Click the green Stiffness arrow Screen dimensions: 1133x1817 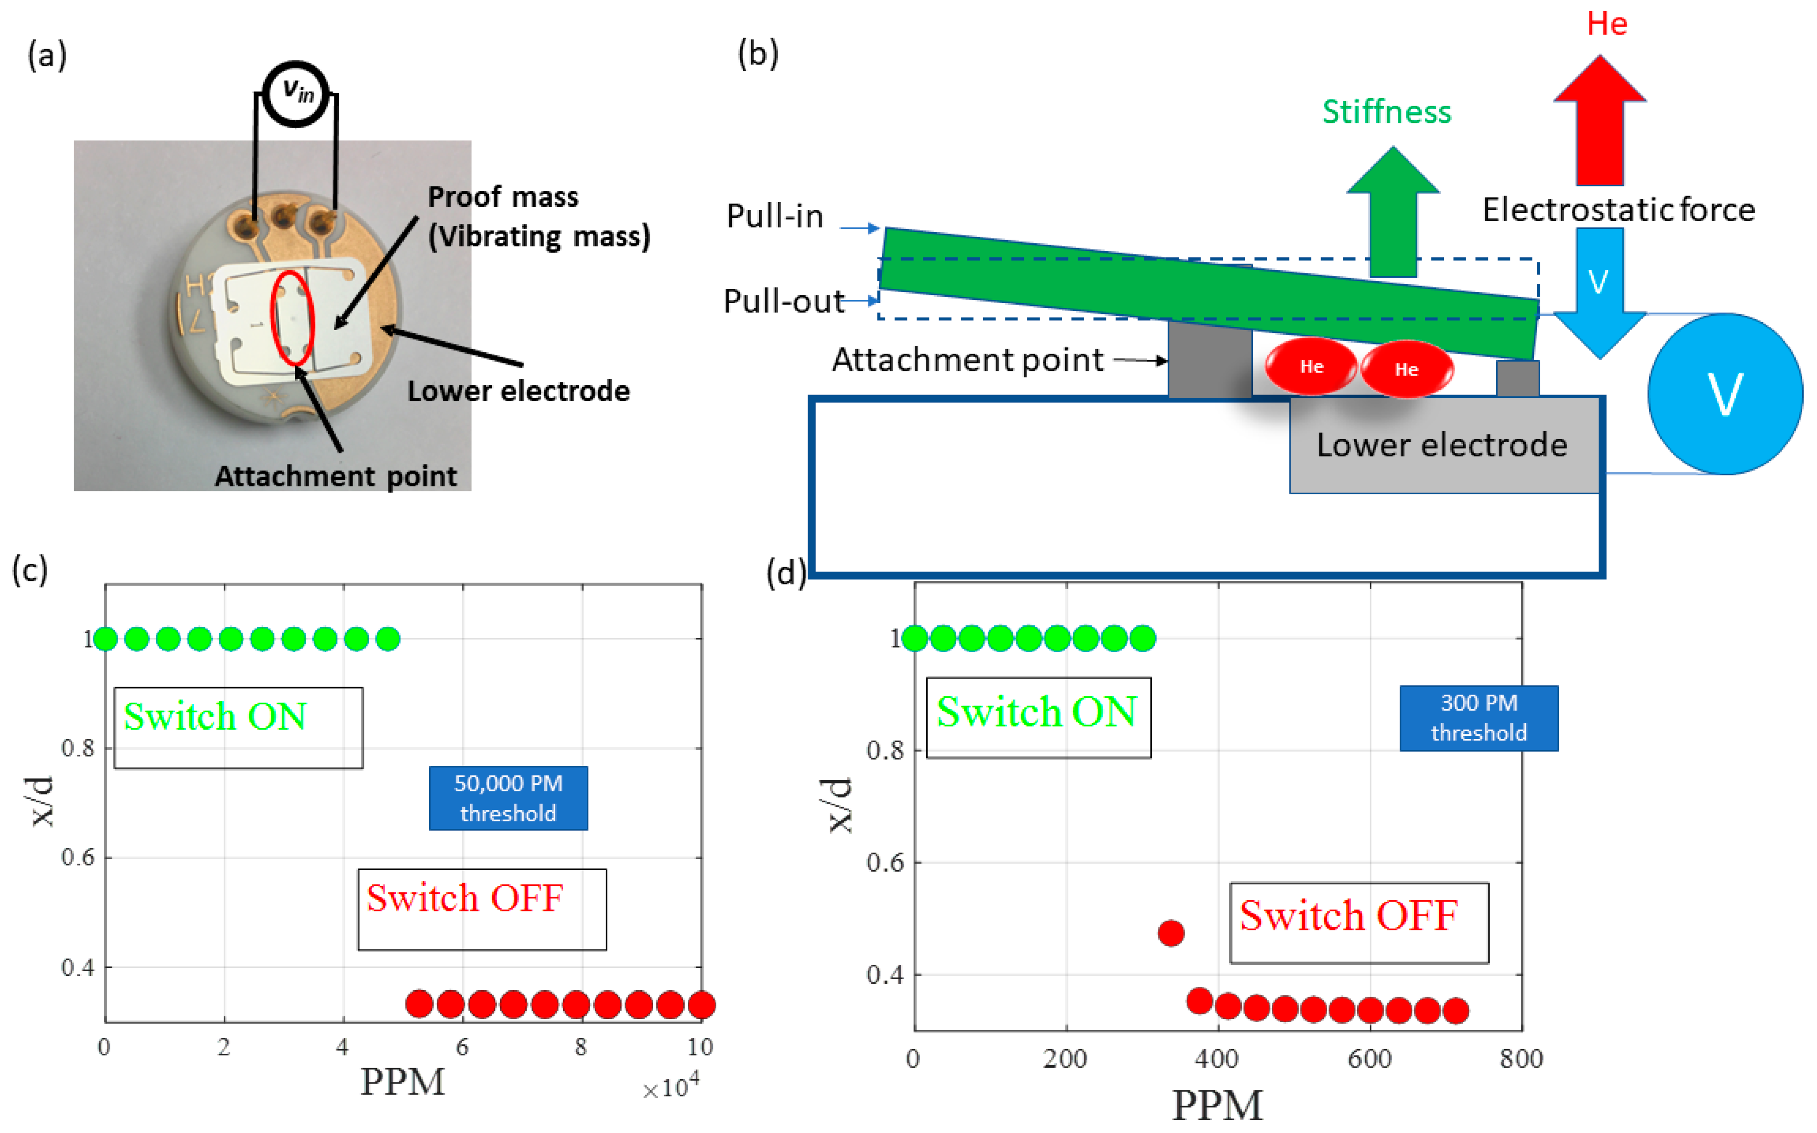pyautogui.click(x=1392, y=214)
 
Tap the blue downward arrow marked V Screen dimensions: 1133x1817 pyautogui.click(x=1599, y=292)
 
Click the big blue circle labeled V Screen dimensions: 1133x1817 pyautogui.click(x=1725, y=394)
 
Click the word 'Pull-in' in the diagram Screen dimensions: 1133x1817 pyautogui.click(x=775, y=216)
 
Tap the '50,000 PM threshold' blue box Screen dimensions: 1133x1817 pyautogui.click(x=508, y=798)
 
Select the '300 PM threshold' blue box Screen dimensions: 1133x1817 pyautogui.click(x=1478, y=718)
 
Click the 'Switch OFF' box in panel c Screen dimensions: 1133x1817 pyautogui.click(x=482, y=909)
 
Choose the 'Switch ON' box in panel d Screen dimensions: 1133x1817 pyautogui.click(x=1038, y=717)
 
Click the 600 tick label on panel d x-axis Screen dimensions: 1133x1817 pyautogui.click(x=1370, y=1059)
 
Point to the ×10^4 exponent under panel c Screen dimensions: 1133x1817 pyautogui.click(x=671, y=1087)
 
